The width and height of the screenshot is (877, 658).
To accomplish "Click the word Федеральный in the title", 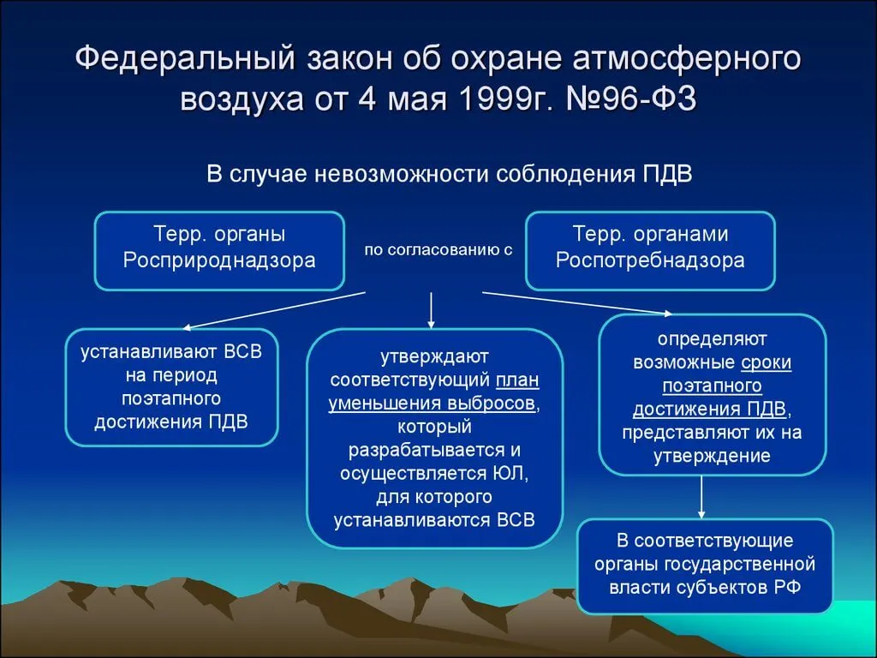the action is (186, 59).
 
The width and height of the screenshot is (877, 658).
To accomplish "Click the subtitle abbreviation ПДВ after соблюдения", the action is (666, 174).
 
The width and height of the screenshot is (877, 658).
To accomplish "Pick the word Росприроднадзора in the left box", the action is (219, 260).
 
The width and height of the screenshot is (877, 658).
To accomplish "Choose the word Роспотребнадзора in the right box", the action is (650, 260).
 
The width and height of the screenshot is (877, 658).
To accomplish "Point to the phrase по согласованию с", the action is (438, 250).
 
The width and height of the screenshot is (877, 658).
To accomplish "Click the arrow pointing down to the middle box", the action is (431, 310).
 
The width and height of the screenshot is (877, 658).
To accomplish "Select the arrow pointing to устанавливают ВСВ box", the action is (274, 310).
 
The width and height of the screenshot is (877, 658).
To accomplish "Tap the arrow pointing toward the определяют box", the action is (578, 303).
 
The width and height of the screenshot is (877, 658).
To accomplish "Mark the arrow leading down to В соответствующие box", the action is (701, 498).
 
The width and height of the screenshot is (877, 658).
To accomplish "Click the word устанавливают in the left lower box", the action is (149, 352).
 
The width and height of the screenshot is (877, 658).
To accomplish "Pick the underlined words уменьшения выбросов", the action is (432, 404).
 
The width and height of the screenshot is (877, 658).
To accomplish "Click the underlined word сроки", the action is (767, 362).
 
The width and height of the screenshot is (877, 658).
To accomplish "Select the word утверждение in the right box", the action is (712, 456).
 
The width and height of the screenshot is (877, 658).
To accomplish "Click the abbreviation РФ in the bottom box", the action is (788, 588).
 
